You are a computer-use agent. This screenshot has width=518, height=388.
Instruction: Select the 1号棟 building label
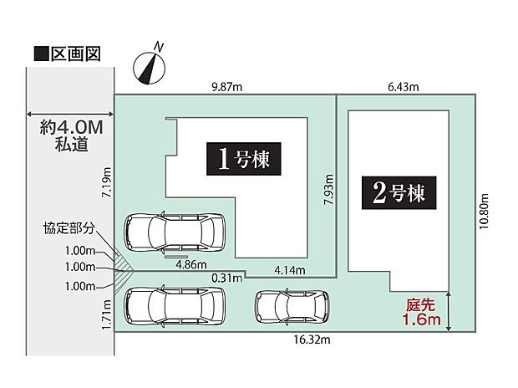click(x=243, y=158)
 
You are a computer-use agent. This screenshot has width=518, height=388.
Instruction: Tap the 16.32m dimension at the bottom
click(x=309, y=341)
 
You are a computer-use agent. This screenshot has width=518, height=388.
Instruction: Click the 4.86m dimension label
click(x=193, y=263)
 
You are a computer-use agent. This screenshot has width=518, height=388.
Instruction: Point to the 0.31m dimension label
click(x=226, y=277)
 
